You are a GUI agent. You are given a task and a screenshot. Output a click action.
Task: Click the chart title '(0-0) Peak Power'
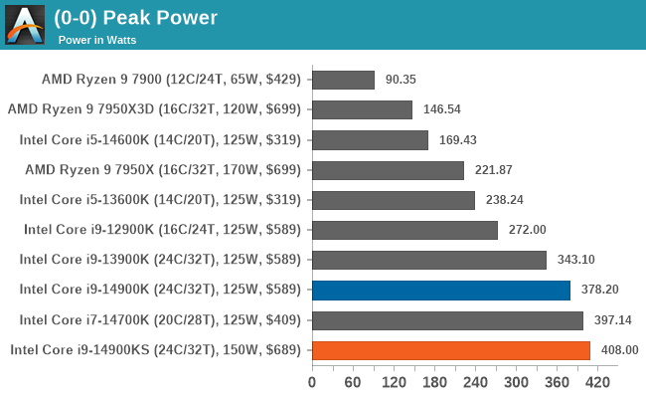click(x=135, y=17)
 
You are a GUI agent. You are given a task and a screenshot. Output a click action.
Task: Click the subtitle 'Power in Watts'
click(x=96, y=41)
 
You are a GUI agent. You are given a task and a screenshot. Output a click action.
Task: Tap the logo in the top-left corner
click(x=24, y=25)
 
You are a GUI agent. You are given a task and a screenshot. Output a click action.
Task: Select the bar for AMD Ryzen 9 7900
click(x=343, y=80)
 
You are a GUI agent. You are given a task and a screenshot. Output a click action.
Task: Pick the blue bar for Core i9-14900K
click(x=441, y=291)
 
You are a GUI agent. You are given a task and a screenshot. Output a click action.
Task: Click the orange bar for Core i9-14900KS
click(x=451, y=350)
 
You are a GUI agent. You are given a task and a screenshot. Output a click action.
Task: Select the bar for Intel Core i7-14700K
click(x=447, y=320)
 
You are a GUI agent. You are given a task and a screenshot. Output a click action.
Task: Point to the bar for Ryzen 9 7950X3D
click(x=362, y=109)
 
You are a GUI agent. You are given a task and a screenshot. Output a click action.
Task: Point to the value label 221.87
click(x=492, y=170)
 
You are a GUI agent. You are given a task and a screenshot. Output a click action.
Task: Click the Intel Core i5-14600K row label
click(x=166, y=139)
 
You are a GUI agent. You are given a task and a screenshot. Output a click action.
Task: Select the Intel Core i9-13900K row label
click(x=166, y=260)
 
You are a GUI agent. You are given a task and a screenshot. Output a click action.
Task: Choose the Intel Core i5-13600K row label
click(x=166, y=200)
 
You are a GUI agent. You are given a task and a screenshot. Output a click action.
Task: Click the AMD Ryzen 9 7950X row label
click(x=166, y=170)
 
